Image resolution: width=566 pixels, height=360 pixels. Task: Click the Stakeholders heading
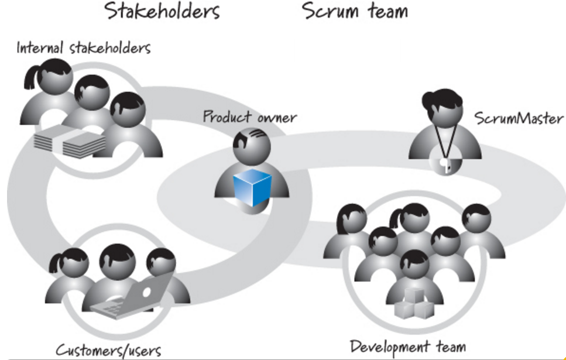tap(162, 12)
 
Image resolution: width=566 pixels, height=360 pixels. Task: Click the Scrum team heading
tap(355, 12)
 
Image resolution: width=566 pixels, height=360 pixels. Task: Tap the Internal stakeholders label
tap(83, 47)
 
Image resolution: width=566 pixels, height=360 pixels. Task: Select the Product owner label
tap(249, 116)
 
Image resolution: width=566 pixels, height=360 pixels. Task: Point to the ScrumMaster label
tap(519, 119)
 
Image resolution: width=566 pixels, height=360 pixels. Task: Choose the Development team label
tap(407, 347)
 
